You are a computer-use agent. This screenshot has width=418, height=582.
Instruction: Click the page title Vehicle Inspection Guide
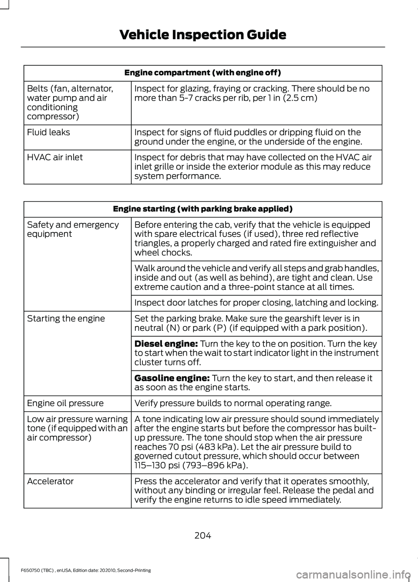[x=202, y=35]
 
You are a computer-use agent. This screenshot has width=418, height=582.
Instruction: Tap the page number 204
[x=202, y=535]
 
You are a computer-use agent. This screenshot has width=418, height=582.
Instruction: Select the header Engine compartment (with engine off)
[x=202, y=73]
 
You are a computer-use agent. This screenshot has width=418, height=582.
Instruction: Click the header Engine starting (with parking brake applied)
[x=202, y=209]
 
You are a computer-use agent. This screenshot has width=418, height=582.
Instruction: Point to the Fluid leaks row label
[x=48, y=132]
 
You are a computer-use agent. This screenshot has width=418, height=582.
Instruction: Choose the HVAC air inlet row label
[x=55, y=157]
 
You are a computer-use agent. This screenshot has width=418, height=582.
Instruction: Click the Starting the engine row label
[x=66, y=319]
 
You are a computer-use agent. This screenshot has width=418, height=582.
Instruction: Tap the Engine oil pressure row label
[x=65, y=404]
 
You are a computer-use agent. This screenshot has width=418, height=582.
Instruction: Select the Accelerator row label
[x=51, y=481]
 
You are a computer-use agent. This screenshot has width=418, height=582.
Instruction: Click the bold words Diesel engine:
[x=166, y=344]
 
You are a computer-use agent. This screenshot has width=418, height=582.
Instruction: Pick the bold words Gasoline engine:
[x=172, y=378]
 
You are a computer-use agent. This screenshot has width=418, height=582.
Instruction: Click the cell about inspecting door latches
[x=256, y=303]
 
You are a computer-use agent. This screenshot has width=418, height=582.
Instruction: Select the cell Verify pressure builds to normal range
[x=233, y=404]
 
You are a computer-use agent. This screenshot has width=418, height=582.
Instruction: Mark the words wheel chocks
[x=162, y=253]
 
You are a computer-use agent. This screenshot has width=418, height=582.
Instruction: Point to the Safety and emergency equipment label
[x=73, y=229]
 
